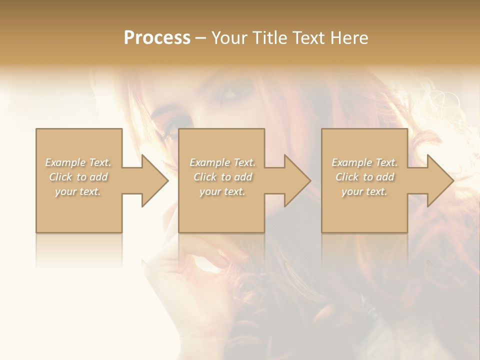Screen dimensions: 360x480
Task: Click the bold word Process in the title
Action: click(157, 38)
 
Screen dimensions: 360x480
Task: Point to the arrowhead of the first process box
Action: click(154, 180)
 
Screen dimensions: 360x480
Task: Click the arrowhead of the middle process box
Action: click(296, 180)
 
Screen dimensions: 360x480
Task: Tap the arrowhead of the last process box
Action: click(439, 180)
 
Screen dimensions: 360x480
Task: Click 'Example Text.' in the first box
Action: click(78, 162)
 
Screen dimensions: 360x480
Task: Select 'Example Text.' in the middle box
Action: click(222, 162)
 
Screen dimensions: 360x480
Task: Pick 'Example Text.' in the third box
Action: click(364, 162)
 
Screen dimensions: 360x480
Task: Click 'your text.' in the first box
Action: click(78, 191)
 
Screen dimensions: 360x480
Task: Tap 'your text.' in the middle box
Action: click(222, 191)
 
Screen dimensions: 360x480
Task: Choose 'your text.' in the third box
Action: click(364, 191)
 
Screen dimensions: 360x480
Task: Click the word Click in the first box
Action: click(60, 177)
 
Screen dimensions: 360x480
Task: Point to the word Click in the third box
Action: click(347, 177)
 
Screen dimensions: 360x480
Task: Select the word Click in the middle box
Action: click(205, 177)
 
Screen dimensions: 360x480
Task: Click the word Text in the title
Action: click(309, 38)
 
